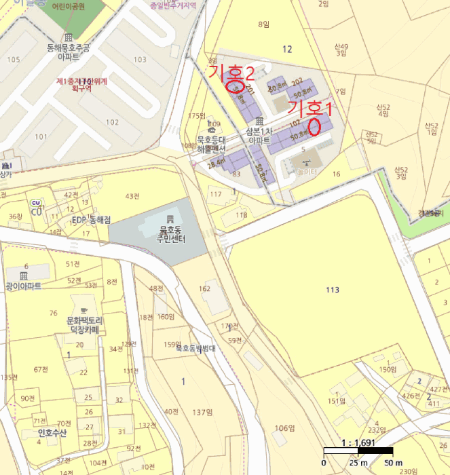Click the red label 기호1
[x=311, y=108]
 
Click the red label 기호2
[x=232, y=72]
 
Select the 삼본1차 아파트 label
[x=259, y=135]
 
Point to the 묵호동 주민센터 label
[x=169, y=234]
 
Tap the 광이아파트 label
[x=24, y=286]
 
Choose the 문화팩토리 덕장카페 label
[x=84, y=324]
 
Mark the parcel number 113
[x=332, y=290]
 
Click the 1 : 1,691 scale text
[x=359, y=443]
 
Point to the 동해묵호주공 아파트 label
[x=68, y=53]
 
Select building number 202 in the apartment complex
[x=297, y=81]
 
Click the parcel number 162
[x=204, y=289]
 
